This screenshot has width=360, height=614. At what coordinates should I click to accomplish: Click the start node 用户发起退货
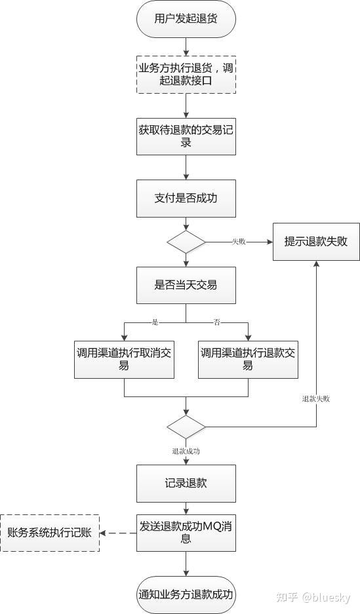click(x=186, y=18)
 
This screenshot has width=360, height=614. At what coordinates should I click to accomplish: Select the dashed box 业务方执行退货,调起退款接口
click(x=186, y=74)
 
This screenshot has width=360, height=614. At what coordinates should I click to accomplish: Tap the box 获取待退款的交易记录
click(x=186, y=136)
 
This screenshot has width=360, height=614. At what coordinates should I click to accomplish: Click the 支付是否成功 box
click(x=186, y=197)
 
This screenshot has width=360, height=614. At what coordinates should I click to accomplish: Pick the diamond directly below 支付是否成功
click(x=186, y=242)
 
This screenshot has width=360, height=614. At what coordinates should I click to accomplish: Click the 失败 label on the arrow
click(x=239, y=242)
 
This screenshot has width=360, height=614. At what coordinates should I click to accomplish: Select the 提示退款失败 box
click(x=316, y=241)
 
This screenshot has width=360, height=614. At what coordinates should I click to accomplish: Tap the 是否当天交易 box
click(x=186, y=285)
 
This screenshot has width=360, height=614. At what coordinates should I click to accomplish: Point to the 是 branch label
click(x=155, y=322)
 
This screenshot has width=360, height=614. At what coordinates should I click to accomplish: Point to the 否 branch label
click(x=216, y=322)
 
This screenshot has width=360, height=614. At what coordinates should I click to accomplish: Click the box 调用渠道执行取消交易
click(x=124, y=359)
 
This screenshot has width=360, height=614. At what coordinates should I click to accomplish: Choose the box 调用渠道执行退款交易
click(x=248, y=359)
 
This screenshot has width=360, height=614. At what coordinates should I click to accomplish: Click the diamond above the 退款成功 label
click(x=186, y=427)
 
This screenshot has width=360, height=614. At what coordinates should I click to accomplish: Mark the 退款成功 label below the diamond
click(x=186, y=451)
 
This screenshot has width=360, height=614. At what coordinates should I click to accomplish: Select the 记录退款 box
click(x=186, y=484)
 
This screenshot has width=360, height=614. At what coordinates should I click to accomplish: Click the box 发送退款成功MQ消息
click(x=186, y=532)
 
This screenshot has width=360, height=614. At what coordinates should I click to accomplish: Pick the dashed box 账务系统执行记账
click(x=50, y=533)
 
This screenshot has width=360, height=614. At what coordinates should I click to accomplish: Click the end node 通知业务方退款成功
click(x=186, y=594)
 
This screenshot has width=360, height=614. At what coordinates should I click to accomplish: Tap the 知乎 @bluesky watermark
click(x=313, y=598)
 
